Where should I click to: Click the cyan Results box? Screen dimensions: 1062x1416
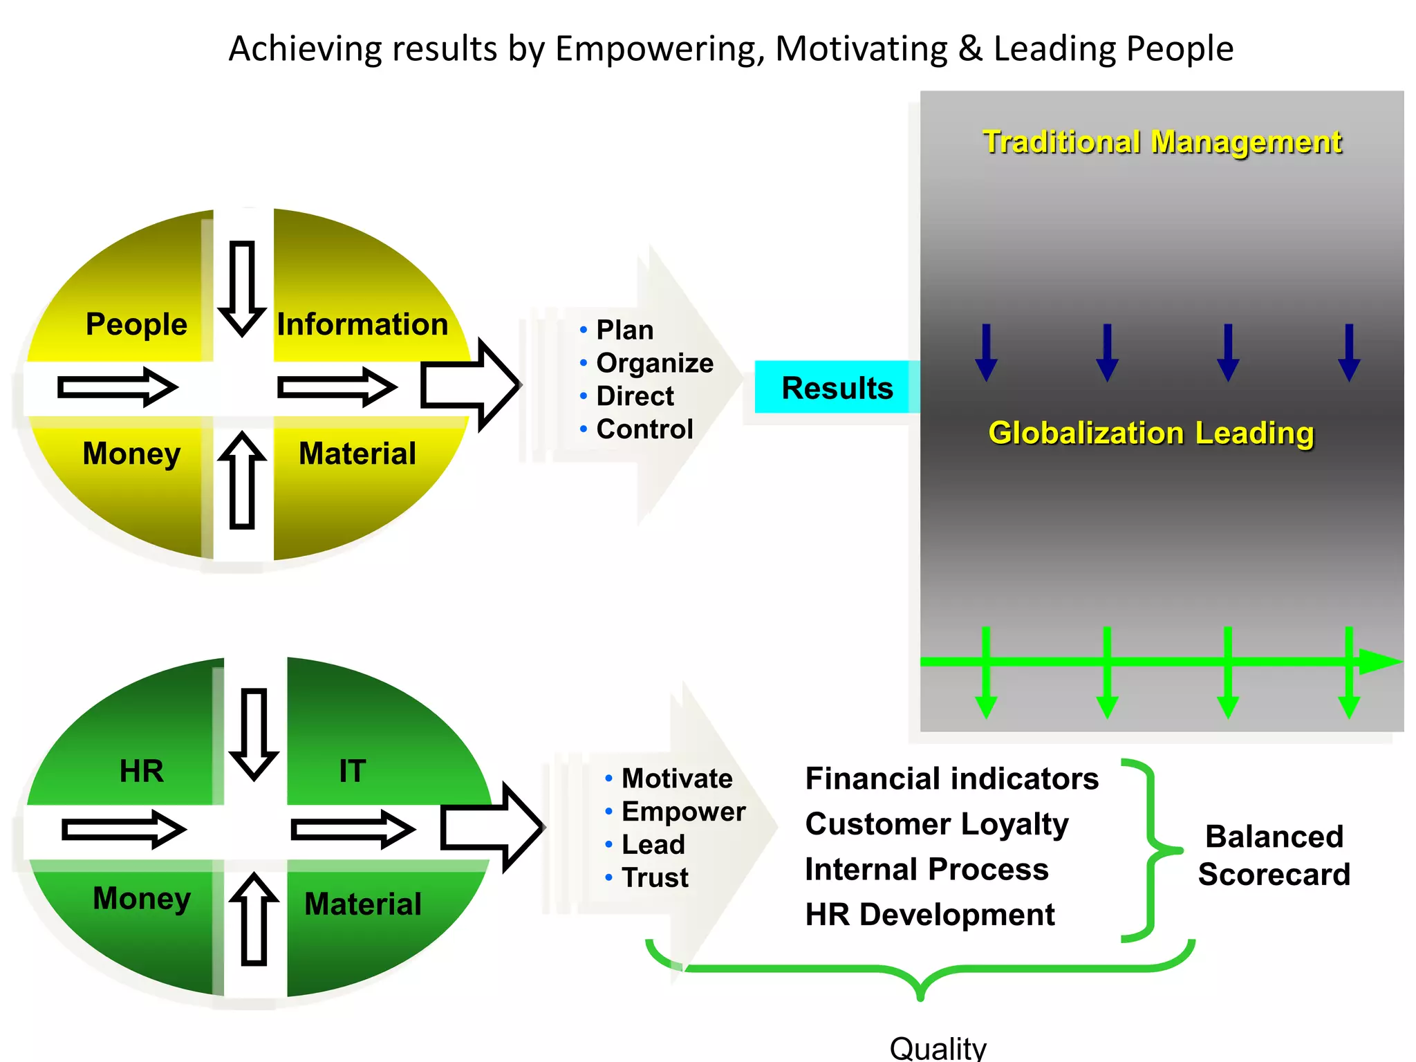(x=837, y=388)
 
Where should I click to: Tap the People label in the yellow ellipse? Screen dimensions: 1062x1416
(x=136, y=324)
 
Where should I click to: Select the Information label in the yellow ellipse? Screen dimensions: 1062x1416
(x=362, y=324)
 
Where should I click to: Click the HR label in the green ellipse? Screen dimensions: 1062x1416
(x=142, y=771)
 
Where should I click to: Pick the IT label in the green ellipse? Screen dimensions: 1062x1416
(x=352, y=771)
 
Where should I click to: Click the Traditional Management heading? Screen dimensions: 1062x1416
(x=1162, y=142)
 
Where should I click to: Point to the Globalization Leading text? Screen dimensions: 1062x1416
(x=1151, y=434)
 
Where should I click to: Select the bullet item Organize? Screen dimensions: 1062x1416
(x=654, y=363)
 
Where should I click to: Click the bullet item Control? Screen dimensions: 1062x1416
(x=644, y=429)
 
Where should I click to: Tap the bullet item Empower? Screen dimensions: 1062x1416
(x=683, y=812)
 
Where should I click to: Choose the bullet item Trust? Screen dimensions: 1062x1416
(x=655, y=878)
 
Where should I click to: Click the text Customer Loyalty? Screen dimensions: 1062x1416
(x=937, y=824)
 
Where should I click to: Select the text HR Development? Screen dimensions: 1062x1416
(x=930, y=915)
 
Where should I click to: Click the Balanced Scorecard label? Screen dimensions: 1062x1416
(x=1274, y=856)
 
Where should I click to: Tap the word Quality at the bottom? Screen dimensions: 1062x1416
(x=938, y=1048)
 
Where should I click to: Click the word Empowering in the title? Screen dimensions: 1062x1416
(x=660, y=49)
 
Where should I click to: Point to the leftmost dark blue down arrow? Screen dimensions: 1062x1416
(x=986, y=353)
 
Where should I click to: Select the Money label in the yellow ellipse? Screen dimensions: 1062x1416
(x=131, y=454)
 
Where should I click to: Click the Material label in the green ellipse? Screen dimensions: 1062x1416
(x=362, y=904)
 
